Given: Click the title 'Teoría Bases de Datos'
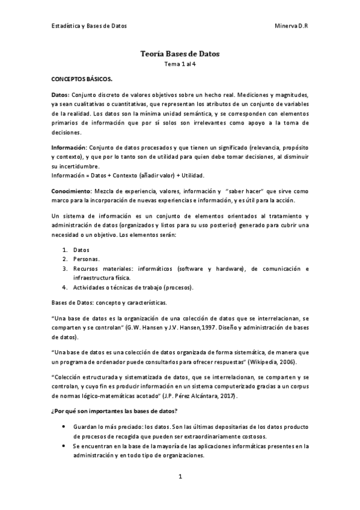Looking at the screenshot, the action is [x=180, y=54].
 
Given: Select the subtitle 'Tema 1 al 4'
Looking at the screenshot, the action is [x=180, y=64].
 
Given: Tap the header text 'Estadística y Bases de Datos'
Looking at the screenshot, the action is [x=88, y=26].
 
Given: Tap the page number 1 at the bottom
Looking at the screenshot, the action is [x=180, y=476].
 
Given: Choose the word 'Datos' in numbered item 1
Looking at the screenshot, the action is [x=81, y=250].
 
